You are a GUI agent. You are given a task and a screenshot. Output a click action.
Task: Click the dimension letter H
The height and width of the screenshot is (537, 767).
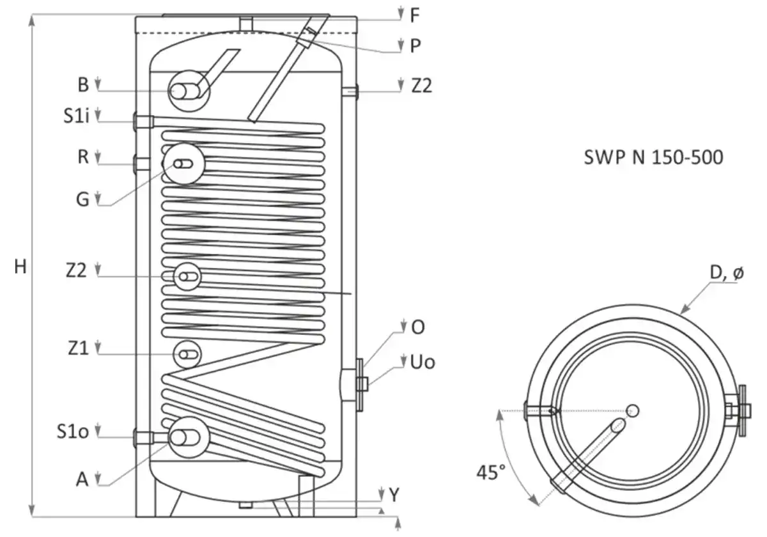[21, 267]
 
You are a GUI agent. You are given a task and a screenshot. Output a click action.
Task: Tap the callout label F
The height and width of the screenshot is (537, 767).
[415, 13]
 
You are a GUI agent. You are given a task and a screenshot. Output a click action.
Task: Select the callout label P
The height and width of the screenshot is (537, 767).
[415, 45]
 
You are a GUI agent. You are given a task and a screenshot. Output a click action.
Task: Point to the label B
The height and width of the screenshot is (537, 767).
[83, 84]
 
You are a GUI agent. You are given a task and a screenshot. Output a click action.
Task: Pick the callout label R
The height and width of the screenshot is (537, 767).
[83, 157]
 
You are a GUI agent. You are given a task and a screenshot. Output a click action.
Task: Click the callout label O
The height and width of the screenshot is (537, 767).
[418, 327]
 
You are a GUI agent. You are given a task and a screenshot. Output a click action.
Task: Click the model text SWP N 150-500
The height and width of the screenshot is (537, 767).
[653, 157]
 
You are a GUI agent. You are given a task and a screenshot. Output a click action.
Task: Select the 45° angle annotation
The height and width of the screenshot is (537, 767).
[490, 473]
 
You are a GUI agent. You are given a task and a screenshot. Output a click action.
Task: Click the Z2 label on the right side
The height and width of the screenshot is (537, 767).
[421, 85]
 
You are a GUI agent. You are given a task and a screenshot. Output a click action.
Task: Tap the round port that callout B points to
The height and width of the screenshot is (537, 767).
[187, 91]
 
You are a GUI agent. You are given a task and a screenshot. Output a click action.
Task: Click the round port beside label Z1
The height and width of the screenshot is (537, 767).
[187, 354]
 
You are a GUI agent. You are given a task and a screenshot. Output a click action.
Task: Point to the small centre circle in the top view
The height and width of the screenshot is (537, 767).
[633, 410]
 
